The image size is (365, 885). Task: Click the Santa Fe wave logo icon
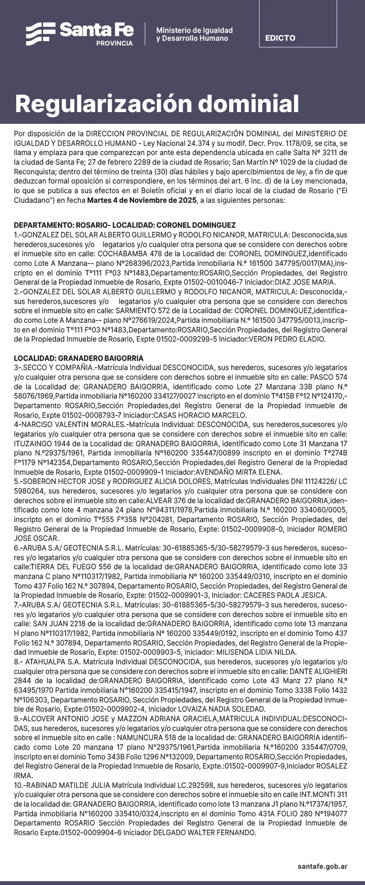pyautogui.click(x=40, y=33)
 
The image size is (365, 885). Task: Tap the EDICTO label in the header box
pyautogui.click(x=280, y=38)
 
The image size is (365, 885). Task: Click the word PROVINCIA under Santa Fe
pyautogui.click(x=114, y=43)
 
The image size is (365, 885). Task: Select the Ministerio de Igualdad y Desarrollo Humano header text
pyautogui.click(x=194, y=34)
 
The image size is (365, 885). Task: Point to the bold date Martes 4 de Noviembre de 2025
pyautogui.click(x=142, y=201)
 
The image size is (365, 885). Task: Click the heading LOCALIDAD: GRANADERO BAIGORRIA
pyautogui.click(x=78, y=358)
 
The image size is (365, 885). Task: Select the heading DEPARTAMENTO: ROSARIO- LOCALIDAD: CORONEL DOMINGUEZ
pyautogui.click(x=124, y=225)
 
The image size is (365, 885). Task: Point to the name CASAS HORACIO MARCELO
pyautogui.click(x=207, y=415)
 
